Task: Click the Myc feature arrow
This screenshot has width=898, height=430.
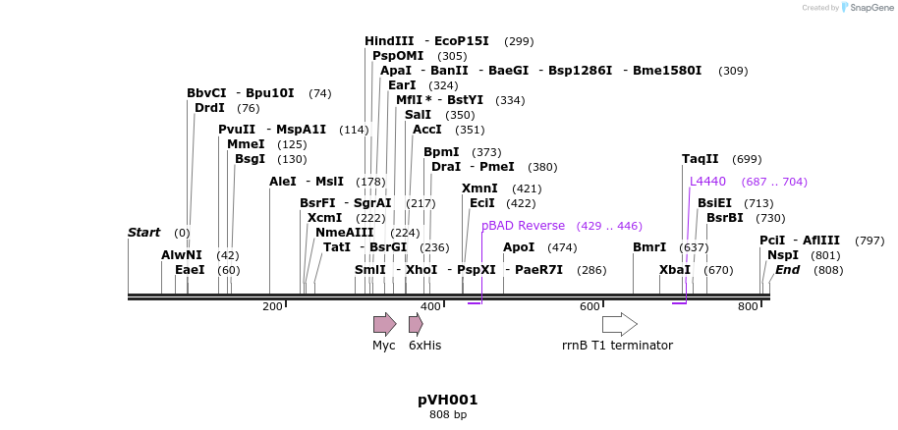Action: click(384, 324)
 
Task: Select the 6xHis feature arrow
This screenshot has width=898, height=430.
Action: click(416, 324)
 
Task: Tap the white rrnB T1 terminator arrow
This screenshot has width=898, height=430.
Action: click(619, 324)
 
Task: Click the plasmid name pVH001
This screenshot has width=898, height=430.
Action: click(448, 400)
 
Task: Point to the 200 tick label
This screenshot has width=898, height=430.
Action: click(272, 307)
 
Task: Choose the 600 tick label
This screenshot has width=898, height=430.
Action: click(589, 307)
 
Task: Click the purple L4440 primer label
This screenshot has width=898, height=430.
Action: click(707, 181)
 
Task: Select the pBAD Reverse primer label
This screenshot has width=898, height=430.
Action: click(523, 225)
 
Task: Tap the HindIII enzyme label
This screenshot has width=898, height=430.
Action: click(389, 41)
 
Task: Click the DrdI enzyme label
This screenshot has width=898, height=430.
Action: click(209, 108)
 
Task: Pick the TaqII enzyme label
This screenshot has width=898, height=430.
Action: click(701, 158)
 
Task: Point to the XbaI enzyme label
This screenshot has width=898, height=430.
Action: click(675, 269)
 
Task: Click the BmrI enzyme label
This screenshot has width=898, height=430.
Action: click(649, 246)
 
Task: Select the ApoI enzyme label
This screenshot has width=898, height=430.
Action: click(519, 246)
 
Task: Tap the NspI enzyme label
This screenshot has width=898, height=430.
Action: click(783, 254)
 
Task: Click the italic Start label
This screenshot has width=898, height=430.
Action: click(143, 233)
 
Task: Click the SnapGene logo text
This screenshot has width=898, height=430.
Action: click(870, 7)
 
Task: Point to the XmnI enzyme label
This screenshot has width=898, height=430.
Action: click(479, 188)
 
